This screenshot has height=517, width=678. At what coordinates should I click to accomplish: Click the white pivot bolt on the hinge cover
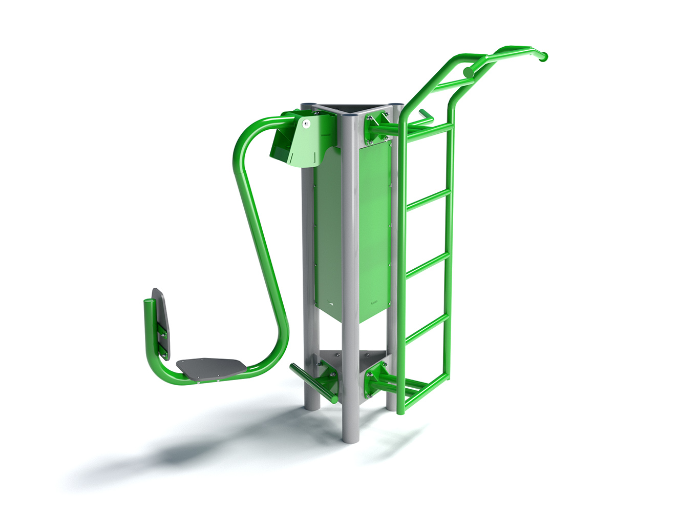tap(306, 123)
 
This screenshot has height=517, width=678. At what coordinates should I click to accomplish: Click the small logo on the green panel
tap(374, 303)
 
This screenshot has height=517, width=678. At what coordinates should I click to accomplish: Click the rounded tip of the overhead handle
tap(543, 56)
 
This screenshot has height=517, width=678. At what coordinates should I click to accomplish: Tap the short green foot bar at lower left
tap(307, 382)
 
